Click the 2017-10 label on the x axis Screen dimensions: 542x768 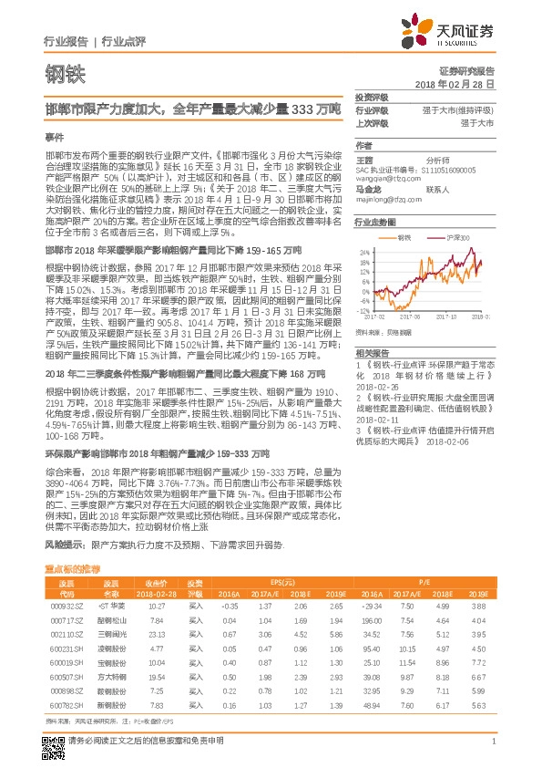(x=445, y=343)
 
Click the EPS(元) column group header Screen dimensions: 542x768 (x=281, y=581)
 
